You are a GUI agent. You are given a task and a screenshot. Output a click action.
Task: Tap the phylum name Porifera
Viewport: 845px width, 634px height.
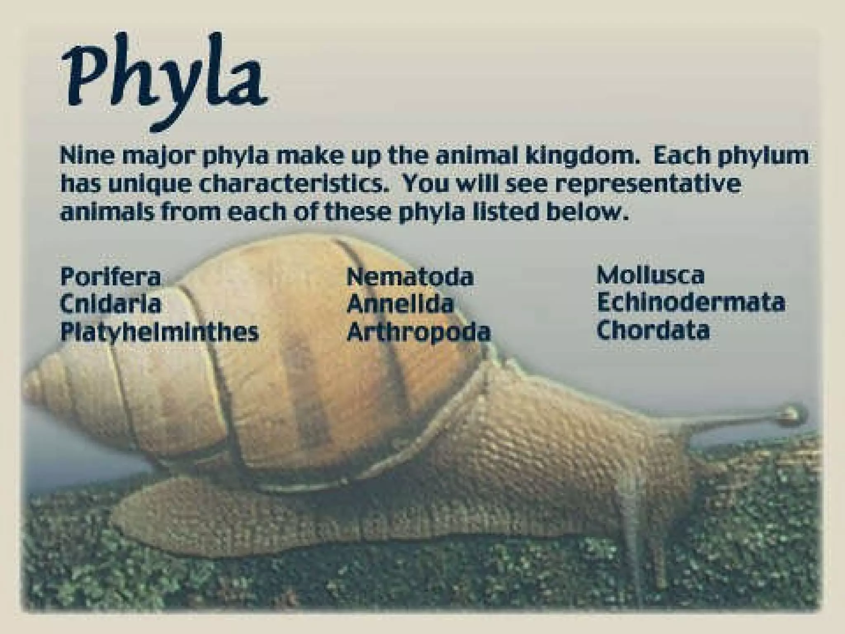(110, 277)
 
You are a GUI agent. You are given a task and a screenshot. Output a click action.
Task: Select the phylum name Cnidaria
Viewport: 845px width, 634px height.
(110, 304)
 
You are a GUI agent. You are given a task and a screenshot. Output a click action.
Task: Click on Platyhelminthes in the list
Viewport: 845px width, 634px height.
(159, 332)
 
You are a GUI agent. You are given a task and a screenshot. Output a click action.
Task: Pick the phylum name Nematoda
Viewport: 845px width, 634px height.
(410, 277)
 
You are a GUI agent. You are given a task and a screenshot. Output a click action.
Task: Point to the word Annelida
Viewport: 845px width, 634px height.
(400, 304)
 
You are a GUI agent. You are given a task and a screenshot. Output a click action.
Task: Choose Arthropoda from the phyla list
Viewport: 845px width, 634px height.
(419, 332)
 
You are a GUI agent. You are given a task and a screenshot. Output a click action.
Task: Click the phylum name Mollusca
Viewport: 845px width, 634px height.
(651, 275)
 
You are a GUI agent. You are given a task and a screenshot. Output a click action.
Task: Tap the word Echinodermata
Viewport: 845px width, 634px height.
(691, 303)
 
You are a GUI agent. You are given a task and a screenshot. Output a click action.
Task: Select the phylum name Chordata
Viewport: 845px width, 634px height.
(653, 330)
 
